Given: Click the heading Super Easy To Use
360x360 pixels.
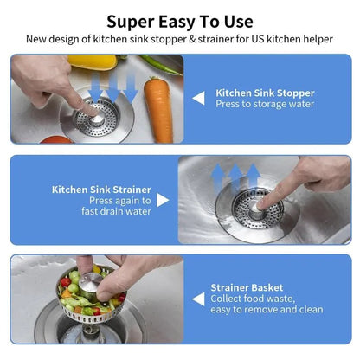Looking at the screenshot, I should [180, 21].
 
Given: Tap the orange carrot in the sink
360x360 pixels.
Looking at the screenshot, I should [158, 110].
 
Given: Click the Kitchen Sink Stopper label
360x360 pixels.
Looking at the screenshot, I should [265, 92].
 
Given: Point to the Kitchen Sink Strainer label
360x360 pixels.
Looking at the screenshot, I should [101, 189].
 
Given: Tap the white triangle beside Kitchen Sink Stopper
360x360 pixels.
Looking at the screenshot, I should [198, 98].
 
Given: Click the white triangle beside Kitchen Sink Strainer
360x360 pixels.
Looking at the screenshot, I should [163, 200].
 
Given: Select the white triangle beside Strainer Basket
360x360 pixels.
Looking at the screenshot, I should [198, 298].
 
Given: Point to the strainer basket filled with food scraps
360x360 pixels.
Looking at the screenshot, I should [89, 299].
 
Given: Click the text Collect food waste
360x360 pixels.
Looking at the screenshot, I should [253, 299].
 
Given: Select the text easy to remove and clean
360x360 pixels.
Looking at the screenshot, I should [267, 310].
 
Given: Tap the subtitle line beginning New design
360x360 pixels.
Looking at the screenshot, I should [180, 39].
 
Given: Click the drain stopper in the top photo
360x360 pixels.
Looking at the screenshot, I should [97, 119].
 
